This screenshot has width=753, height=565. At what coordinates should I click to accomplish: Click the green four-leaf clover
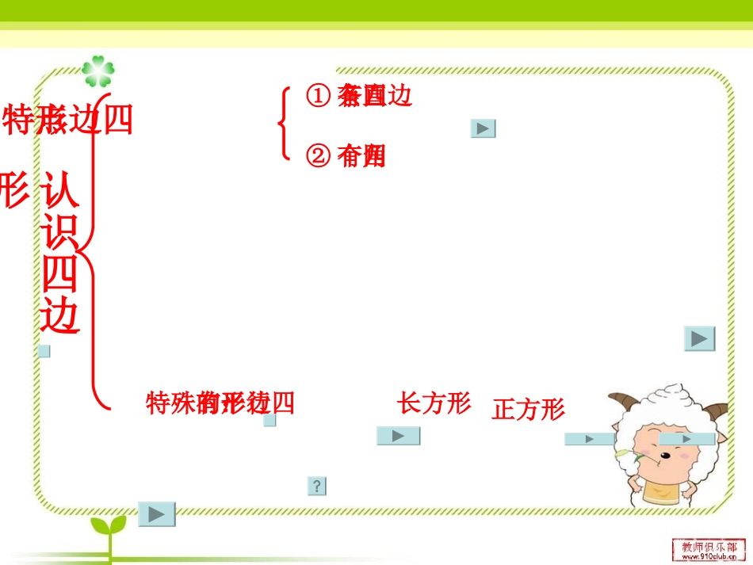coord(97,71)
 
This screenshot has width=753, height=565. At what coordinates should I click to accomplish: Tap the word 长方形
coord(434,403)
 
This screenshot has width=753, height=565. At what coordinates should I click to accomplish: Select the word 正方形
coord(529,410)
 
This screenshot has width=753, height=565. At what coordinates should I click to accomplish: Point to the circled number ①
coord(317,96)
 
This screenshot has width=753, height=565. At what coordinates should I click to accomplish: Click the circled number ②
coord(317,157)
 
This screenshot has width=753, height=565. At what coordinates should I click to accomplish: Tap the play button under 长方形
coord(398,436)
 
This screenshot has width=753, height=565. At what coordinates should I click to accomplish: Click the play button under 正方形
coord(588,438)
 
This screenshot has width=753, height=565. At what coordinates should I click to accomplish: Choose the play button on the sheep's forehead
coord(686,438)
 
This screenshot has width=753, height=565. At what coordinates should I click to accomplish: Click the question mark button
coord(317,486)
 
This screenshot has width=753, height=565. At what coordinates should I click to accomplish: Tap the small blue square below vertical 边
coord(44,351)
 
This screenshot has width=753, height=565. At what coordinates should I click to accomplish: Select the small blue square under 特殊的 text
coord(269,421)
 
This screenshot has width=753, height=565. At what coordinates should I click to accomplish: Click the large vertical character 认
coord(61,189)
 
